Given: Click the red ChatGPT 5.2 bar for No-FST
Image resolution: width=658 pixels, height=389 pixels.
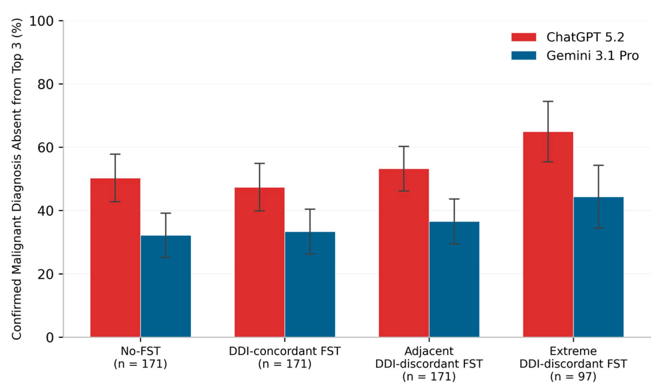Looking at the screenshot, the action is [115, 258].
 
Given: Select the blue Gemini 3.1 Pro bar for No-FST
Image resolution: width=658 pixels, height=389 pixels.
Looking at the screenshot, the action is [166, 286].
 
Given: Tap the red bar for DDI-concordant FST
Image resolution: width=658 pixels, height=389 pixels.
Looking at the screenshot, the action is [259, 262].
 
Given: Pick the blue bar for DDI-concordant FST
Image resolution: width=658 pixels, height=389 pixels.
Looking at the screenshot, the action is [310, 285].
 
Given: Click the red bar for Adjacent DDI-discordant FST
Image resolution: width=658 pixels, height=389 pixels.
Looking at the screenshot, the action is [404, 253].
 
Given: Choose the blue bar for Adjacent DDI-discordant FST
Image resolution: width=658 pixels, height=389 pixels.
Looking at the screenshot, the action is [454, 279].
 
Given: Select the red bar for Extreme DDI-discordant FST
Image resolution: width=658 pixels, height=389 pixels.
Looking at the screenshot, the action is [548, 234].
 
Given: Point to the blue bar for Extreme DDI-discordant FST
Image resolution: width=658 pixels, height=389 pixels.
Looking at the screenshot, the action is [598, 267].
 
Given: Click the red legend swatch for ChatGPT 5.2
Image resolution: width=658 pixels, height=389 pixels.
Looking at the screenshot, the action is [524, 37].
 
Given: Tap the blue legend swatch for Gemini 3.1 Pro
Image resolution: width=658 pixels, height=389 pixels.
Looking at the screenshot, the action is [524, 55].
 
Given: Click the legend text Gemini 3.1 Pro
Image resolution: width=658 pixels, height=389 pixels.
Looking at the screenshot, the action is [592, 55].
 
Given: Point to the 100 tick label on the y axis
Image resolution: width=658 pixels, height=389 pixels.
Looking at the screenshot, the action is [42, 21].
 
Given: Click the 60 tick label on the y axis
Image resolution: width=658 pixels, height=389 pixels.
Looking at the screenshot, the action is [46, 147].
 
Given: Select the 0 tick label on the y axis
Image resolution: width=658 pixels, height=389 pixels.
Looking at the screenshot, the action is [50, 338].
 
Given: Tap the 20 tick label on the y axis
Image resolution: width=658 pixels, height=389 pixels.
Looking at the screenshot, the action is [46, 274].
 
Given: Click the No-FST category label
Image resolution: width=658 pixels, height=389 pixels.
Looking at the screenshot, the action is [140, 351].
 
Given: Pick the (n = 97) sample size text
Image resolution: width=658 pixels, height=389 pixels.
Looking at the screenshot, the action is [573, 376].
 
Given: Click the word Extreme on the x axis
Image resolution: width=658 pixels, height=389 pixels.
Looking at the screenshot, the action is [573, 351].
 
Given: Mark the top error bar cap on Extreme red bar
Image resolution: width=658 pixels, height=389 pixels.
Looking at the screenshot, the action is [548, 101].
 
